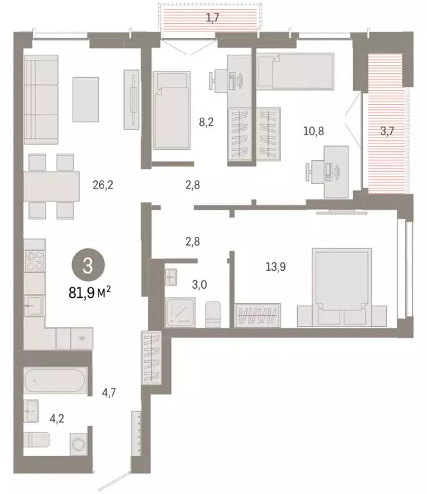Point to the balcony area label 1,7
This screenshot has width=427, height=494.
(x=213, y=17)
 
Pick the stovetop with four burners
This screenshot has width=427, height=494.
(x=35, y=262)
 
